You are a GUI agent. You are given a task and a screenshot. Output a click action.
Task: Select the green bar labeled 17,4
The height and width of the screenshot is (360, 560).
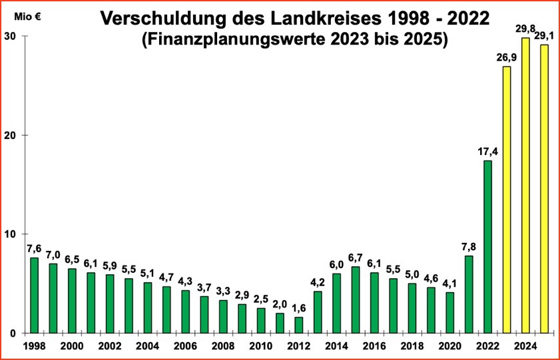(x=488, y=246)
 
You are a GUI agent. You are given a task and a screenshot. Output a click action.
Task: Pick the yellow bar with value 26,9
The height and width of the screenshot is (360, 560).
(x=507, y=200)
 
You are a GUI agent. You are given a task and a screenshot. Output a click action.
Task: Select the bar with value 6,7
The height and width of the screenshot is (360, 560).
(x=356, y=299)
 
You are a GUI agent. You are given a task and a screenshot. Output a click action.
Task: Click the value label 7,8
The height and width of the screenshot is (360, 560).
(x=469, y=246)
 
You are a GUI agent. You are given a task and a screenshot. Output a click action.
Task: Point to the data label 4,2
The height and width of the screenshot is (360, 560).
(x=318, y=282)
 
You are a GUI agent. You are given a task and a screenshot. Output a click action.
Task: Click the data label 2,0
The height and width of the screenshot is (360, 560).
(x=280, y=303)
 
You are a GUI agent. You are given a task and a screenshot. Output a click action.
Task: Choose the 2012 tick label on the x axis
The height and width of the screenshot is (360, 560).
(x=298, y=346)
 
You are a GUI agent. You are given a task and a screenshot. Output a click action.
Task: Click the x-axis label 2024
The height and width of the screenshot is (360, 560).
(x=526, y=346)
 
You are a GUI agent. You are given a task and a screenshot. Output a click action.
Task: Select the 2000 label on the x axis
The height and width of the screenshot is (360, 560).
(x=72, y=346)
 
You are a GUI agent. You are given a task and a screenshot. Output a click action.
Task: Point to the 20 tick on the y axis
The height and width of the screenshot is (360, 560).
(x=11, y=135)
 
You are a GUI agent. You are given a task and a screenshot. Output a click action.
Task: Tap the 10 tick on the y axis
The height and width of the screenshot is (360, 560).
(x=11, y=234)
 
